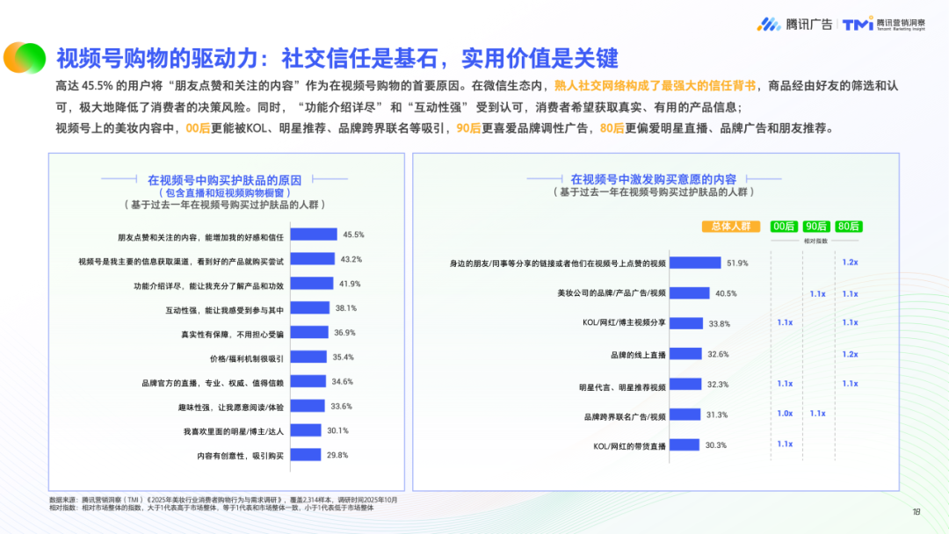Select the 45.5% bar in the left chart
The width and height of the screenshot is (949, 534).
tap(314, 235)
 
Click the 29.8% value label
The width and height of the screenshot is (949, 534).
tap(337, 455)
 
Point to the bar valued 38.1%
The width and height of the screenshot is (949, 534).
tap(309, 308)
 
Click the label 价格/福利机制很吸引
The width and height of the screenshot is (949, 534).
tap(245, 357)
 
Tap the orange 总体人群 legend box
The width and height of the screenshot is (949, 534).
tap(730, 226)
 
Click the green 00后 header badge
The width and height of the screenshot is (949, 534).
tap(784, 226)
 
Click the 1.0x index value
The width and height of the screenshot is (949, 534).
tap(785, 413)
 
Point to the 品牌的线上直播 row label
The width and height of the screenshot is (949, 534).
tap(638, 355)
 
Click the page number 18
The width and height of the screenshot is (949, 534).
tap(916, 513)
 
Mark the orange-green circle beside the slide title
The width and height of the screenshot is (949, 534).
tap(24, 57)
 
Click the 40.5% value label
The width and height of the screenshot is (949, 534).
tap(726, 293)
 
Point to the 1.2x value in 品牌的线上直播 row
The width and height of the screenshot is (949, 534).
tap(850, 354)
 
